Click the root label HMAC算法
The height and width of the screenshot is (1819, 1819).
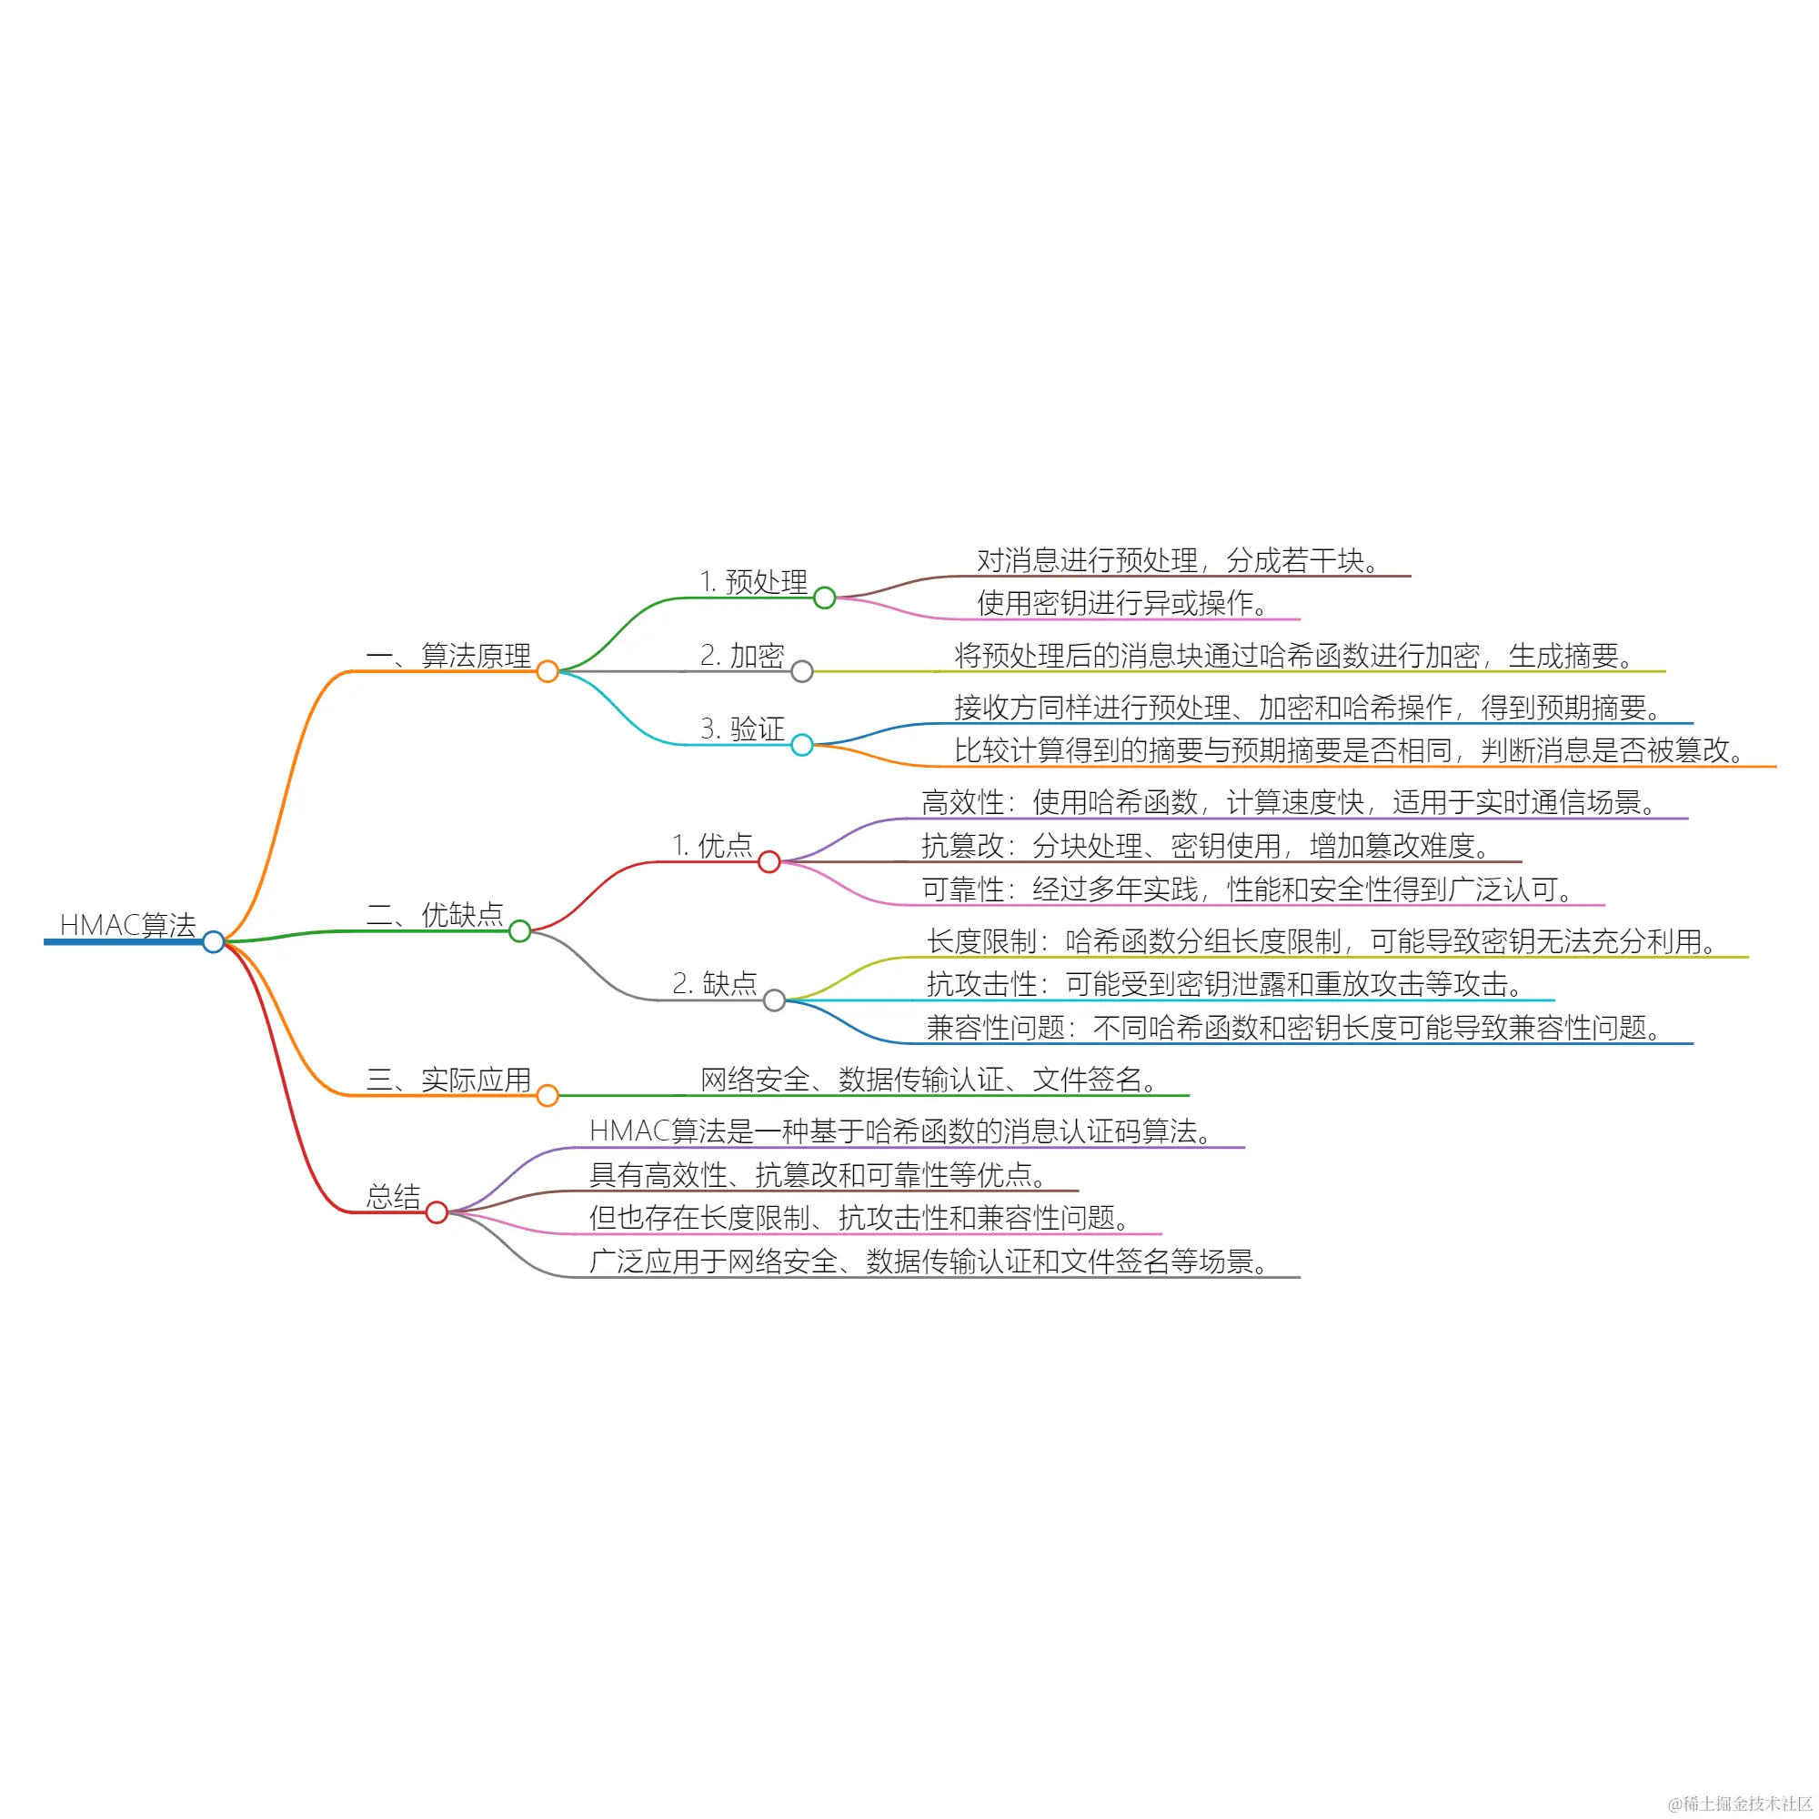pyautogui.click(x=127, y=925)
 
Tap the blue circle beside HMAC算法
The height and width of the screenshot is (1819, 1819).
pyautogui.click(x=214, y=941)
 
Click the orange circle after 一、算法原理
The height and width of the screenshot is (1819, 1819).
pyautogui.click(x=547, y=671)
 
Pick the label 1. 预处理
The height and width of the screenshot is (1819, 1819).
pyautogui.click(x=753, y=582)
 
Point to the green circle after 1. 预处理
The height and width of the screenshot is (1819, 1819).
pyautogui.click(x=825, y=598)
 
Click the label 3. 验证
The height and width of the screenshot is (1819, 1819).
pyautogui.click(x=742, y=729)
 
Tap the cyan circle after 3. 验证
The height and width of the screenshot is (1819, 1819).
pyautogui.click(x=802, y=745)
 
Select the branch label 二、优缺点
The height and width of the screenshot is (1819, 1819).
pyautogui.click(x=435, y=914)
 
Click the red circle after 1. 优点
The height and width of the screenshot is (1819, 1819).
pyautogui.click(x=769, y=861)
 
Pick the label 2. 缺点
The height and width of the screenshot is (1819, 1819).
pyautogui.click(x=715, y=984)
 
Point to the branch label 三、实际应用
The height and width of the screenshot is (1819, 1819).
pyautogui.click(x=448, y=1079)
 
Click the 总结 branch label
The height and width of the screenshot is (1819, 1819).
pyautogui.click(x=394, y=1197)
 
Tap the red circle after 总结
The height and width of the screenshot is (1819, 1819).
pyautogui.click(x=437, y=1211)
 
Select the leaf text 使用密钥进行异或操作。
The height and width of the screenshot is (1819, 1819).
pyautogui.click(x=1123, y=603)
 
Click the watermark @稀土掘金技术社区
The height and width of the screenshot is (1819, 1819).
pyautogui.click(x=1740, y=1803)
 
